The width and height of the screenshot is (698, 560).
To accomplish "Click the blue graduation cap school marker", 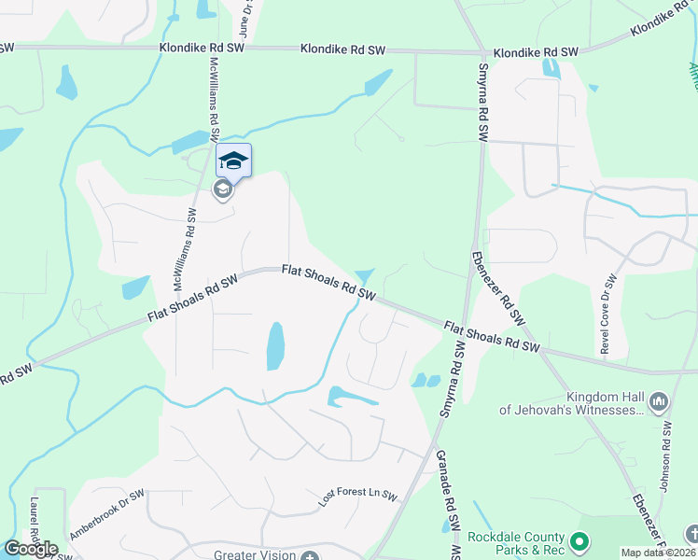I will (233, 161).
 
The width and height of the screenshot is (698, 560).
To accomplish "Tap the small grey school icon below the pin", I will (222, 190).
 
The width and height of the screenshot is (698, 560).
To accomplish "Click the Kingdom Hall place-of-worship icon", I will (659, 402).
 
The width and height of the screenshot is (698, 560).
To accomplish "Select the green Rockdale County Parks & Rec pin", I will (579, 541).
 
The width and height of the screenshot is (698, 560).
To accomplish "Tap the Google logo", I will (31, 549).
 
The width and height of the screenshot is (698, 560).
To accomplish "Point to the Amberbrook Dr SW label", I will (106, 515).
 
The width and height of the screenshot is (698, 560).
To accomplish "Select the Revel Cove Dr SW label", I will (608, 314).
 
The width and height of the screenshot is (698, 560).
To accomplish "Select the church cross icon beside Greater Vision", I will (311, 555).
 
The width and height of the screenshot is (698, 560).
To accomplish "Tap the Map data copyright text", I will (658, 553).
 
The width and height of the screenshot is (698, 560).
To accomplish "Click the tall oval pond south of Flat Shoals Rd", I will (275, 345).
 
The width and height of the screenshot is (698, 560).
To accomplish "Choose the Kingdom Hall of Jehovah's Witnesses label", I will (572, 402).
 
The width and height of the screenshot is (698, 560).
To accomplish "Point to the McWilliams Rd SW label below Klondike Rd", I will (216, 93).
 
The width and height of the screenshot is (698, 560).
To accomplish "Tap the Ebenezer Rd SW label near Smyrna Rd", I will (495, 279).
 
